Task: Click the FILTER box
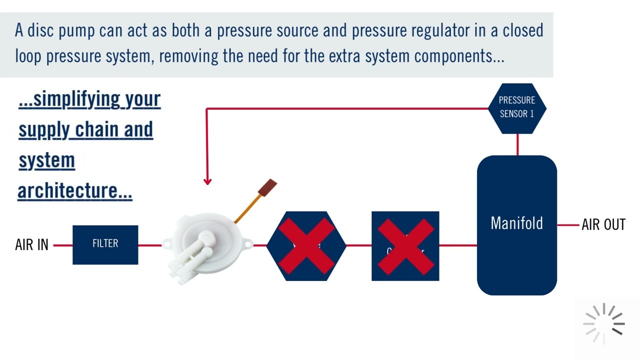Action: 105,244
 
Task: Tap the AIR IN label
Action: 31,245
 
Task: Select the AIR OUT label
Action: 603,225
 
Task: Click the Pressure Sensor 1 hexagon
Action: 517,107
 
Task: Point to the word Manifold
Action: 516,223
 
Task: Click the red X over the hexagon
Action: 306,246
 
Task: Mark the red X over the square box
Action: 405,246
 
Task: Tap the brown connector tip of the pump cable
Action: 267,187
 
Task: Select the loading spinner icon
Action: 604,323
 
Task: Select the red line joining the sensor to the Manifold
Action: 517,144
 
